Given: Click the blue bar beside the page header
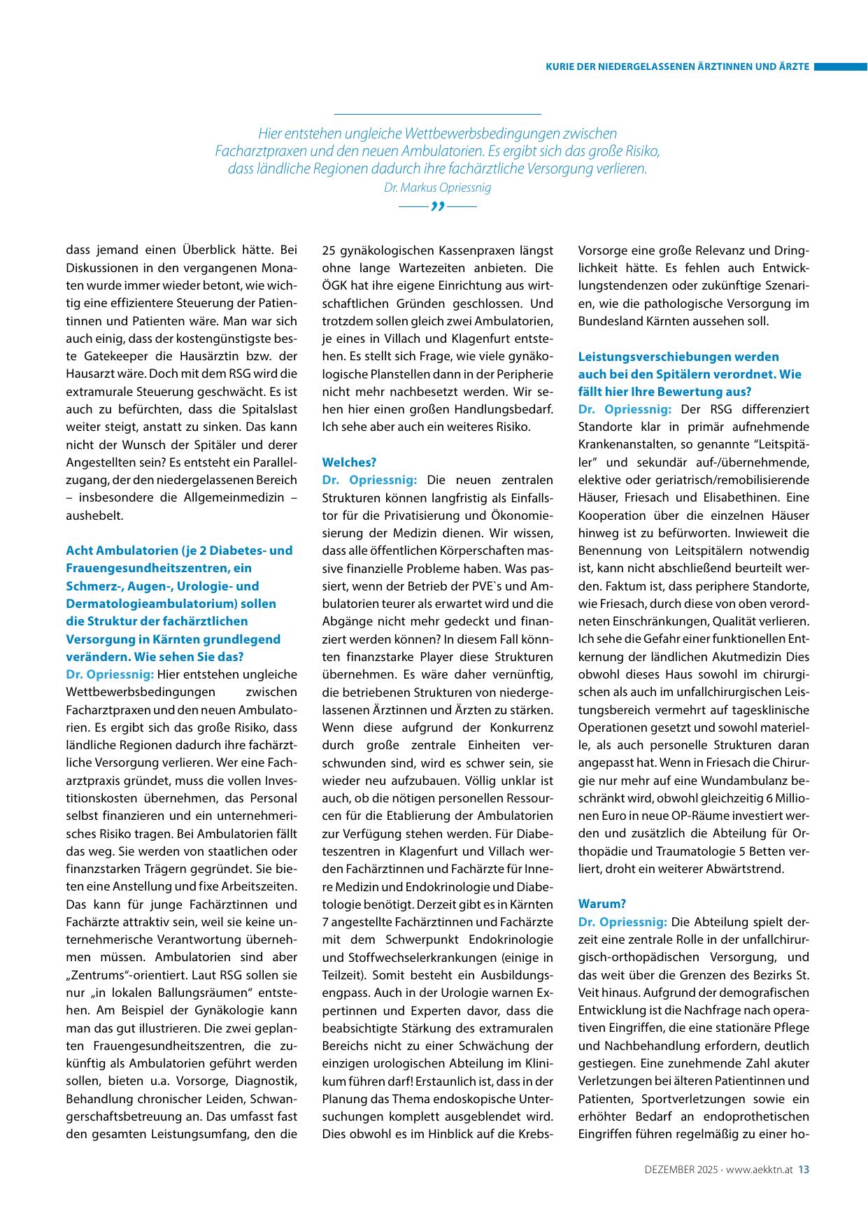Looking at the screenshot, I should (x=841, y=67).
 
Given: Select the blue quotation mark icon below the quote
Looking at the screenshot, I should (x=438, y=207).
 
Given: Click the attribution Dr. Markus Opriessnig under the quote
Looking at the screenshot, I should (x=437, y=187).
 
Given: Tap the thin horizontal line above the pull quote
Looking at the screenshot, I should (x=437, y=114).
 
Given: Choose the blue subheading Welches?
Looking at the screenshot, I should (x=349, y=462).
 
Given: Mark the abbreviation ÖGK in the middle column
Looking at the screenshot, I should (x=335, y=285).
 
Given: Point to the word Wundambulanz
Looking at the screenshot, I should (x=742, y=780).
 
